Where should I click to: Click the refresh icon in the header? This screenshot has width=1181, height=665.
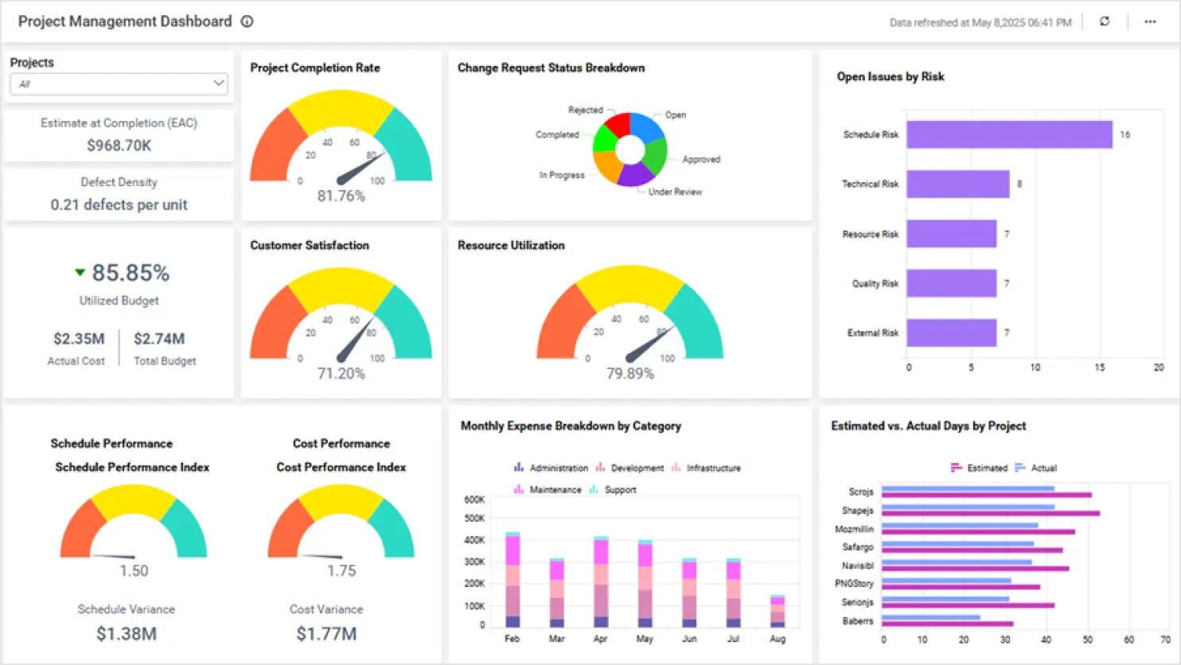point(1105,21)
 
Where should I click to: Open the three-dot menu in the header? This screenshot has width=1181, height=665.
point(1150,21)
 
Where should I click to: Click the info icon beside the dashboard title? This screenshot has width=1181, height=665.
point(248,21)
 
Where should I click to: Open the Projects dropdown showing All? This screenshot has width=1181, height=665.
point(119,84)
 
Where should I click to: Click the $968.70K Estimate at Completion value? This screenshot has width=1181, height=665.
point(119,145)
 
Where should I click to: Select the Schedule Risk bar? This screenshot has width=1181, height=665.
point(1009,134)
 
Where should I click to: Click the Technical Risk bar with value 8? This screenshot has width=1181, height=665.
point(957,184)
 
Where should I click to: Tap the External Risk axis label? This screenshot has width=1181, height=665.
point(872,332)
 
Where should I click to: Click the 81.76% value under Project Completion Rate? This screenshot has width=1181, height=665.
point(341,196)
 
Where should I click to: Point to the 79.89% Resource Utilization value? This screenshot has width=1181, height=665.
point(629,373)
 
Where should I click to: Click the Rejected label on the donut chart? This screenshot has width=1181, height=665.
point(585,110)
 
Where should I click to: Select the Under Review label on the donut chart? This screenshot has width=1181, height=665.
point(675,192)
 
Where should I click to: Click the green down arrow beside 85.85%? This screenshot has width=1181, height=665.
point(80,273)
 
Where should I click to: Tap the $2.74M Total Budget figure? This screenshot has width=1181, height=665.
point(159,339)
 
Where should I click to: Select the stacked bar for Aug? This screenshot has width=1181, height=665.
point(778,611)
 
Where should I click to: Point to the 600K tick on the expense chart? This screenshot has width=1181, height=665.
point(474,500)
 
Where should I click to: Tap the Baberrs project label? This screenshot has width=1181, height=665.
point(858,620)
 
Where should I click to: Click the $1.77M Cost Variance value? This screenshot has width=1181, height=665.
point(326,634)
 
